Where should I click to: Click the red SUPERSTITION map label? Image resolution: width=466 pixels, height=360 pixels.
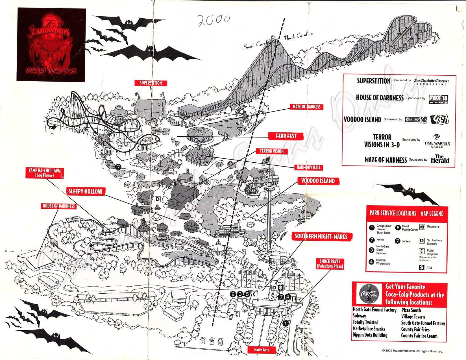pos(151,83)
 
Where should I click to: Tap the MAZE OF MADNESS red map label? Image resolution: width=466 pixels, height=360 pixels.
pos(306,107)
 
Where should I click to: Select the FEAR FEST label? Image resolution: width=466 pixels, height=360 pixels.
pos(286,136)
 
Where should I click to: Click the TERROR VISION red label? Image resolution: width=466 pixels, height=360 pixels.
pos(272,151)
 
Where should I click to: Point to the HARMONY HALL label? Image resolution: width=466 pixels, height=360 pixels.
pos(309,167)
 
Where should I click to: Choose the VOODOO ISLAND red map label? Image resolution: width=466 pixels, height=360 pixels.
pos(318,181)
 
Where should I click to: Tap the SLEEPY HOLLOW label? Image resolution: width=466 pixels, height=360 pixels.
pos(85,191)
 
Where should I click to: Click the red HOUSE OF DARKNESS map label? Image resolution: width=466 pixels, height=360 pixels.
pos(59,206)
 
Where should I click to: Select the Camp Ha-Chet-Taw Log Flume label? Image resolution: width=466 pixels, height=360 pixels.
pos(45,173)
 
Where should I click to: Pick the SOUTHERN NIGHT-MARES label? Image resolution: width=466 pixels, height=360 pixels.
pos(321,236)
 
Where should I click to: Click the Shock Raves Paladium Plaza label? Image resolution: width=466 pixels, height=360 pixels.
pos(330,264)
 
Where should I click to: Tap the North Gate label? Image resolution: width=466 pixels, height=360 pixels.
pos(262,350)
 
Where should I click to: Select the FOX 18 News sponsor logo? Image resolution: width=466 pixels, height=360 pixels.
pos(438,99)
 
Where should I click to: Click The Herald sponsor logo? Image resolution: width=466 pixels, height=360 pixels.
pos(440,159)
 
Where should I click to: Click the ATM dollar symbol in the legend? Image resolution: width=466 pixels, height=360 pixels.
pos(422,267)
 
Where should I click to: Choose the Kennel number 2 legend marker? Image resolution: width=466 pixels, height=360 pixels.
pos(372,240)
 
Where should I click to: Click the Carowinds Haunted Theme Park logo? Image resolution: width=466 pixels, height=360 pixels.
pos(51,45)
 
